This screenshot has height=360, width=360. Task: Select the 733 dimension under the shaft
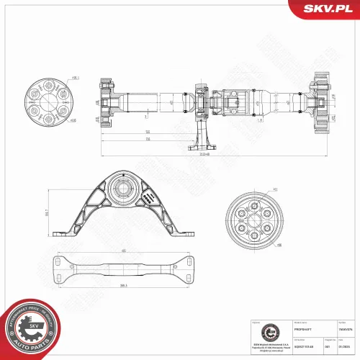point(147,139)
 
